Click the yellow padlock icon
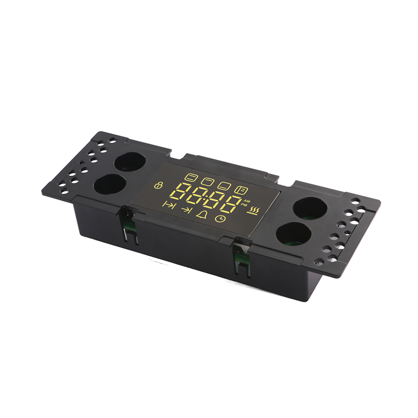click(x=159, y=185)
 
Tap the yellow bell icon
click(x=203, y=214)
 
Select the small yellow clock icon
click(x=220, y=219)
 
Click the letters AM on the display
click(x=246, y=201)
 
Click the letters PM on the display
click(x=244, y=205)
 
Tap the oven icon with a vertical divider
click(x=241, y=190)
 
